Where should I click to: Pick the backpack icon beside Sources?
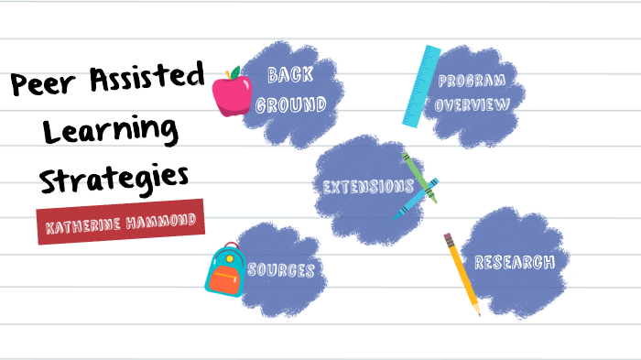tap(224, 270)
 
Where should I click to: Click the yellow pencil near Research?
tap(462, 274)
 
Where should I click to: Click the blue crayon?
tap(417, 198)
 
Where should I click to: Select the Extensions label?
tap(369, 187)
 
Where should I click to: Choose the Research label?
tap(514, 263)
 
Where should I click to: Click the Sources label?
tap(281, 270)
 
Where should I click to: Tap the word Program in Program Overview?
tap(471, 82)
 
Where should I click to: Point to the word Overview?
tap(472, 104)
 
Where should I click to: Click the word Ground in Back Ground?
tap(291, 104)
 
